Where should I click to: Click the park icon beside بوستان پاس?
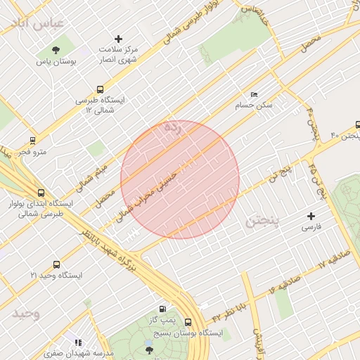pos(56,49)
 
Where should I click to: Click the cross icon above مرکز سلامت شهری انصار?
pos(118,39)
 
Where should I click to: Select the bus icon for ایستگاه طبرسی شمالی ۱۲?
pos(100,90)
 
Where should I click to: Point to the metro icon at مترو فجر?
pos(32,140)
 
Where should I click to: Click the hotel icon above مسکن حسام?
pos(254,95)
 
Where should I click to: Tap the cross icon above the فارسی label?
pos(311,216)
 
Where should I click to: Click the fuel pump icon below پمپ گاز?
pos(162,309)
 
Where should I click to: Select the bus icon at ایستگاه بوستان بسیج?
pos(188,323)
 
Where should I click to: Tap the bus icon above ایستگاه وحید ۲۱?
pos(56,265)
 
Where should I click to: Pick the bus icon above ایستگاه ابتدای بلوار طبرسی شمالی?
pos(41,191)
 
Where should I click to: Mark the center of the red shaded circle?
pos(180,179)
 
